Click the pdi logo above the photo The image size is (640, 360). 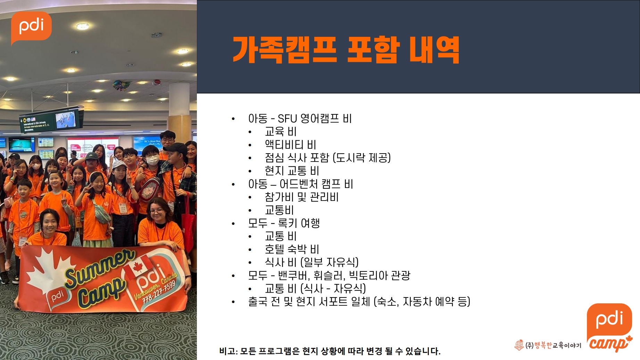coord(31,27)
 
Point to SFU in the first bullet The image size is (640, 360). coord(287,118)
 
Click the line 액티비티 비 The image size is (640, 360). coord(290,145)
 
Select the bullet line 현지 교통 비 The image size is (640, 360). coord(292,171)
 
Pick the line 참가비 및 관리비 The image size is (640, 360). coord(301,197)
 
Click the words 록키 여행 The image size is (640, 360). coord(299,223)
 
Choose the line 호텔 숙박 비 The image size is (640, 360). coord(292,249)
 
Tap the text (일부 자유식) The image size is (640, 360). coord(330,262)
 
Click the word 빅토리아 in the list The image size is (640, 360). coord(368,275)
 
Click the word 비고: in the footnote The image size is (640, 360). coord(228,351)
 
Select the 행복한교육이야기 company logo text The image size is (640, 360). coord(548,345)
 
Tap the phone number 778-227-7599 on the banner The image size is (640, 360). coord(160,292)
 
